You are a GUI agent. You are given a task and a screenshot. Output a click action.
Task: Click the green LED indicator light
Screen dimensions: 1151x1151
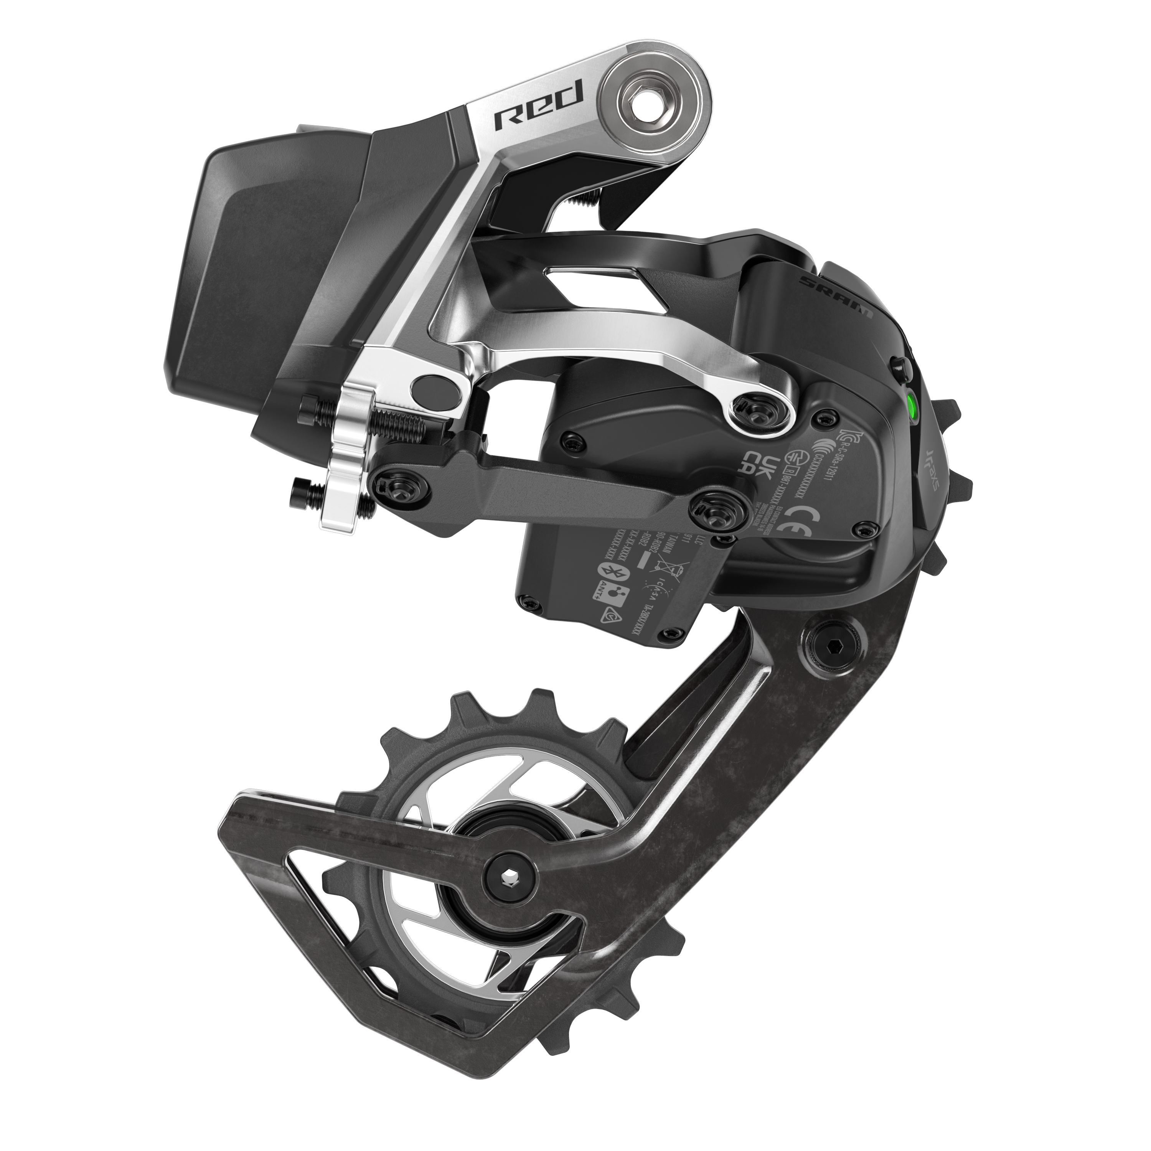click(911, 407)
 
